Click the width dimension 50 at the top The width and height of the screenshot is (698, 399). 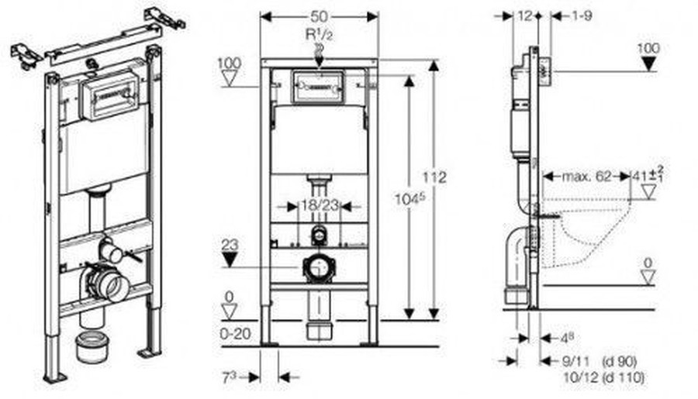tap(319, 16)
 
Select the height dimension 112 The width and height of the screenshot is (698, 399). tap(439, 177)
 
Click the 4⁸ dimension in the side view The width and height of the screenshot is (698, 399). tap(568, 338)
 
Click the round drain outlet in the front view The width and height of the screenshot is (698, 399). tap(318, 268)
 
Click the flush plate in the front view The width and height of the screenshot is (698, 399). tap(319, 86)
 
